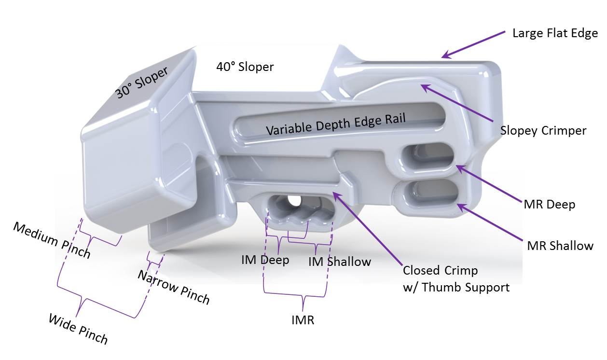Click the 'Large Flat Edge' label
pos(555,33)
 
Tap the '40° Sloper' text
pos(245,67)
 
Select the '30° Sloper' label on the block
pos(141,83)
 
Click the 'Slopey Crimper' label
pos(543,130)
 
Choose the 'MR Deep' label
pos(549,204)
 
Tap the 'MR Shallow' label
pos(560,246)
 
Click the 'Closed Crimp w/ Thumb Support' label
pos(455,279)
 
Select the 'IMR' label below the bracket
pos(303,319)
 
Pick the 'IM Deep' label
pos(265,260)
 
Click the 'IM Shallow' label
pos(339,262)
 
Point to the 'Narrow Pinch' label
pos(174,288)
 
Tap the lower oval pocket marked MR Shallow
pos(430,194)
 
